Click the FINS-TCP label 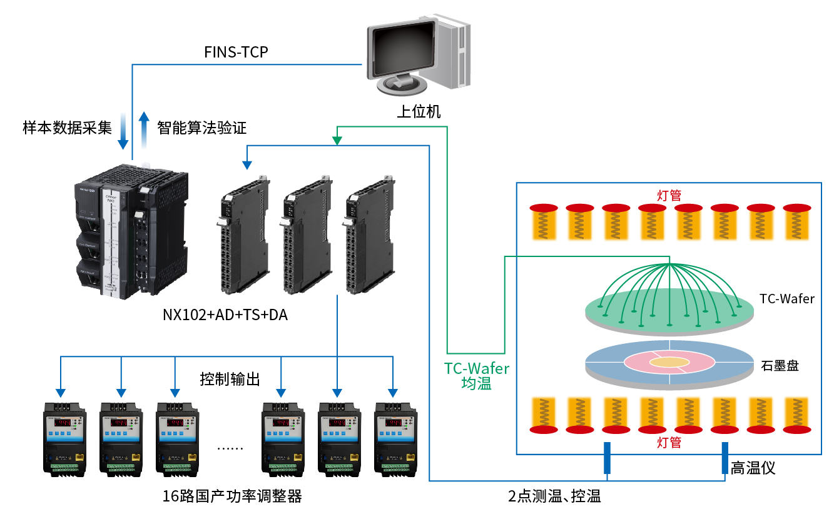[x=236, y=52]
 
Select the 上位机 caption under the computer [x=419, y=112]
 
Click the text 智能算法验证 [x=202, y=128]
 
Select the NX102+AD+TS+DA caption [x=225, y=315]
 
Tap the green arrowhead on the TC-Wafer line [x=337, y=141]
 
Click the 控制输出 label [x=230, y=379]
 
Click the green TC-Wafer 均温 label [x=477, y=376]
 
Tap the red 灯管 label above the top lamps [x=669, y=194]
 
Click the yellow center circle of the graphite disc [x=669, y=362]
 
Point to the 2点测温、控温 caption [x=554, y=497]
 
